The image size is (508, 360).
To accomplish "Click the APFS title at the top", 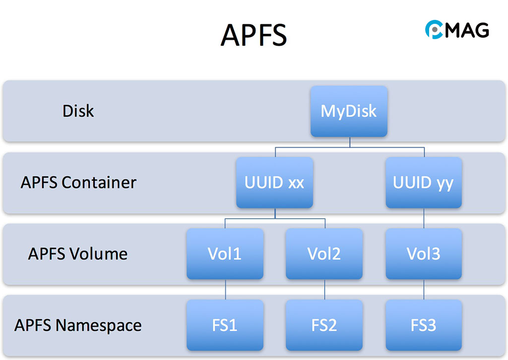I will click(254, 34).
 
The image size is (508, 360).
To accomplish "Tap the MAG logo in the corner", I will click(457, 30).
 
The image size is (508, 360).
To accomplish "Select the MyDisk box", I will click(349, 111).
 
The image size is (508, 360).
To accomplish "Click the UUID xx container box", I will click(274, 182).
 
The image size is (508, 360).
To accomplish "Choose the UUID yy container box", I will click(423, 182).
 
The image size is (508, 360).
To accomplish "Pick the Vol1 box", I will click(225, 254).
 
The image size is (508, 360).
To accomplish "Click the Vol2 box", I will click(324, 254).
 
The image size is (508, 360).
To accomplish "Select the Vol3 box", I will click(423, 254).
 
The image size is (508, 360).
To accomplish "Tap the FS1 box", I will click(225, 325).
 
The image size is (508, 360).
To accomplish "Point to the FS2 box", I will click(324, 325).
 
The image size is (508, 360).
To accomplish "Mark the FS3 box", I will click(423, 325).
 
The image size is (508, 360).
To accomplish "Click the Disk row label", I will click(78, 111).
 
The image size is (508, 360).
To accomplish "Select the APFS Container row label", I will click(78, 182).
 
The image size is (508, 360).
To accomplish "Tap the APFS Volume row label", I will click(78, 254).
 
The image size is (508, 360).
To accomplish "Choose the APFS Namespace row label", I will click(78, 325).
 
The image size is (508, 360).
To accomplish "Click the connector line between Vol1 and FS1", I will click(225, 290).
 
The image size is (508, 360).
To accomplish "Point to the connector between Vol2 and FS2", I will click(324, 290).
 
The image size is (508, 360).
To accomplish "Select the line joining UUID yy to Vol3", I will click(423, 218).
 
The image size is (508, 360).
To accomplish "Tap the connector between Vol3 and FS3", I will click(423, 290).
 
